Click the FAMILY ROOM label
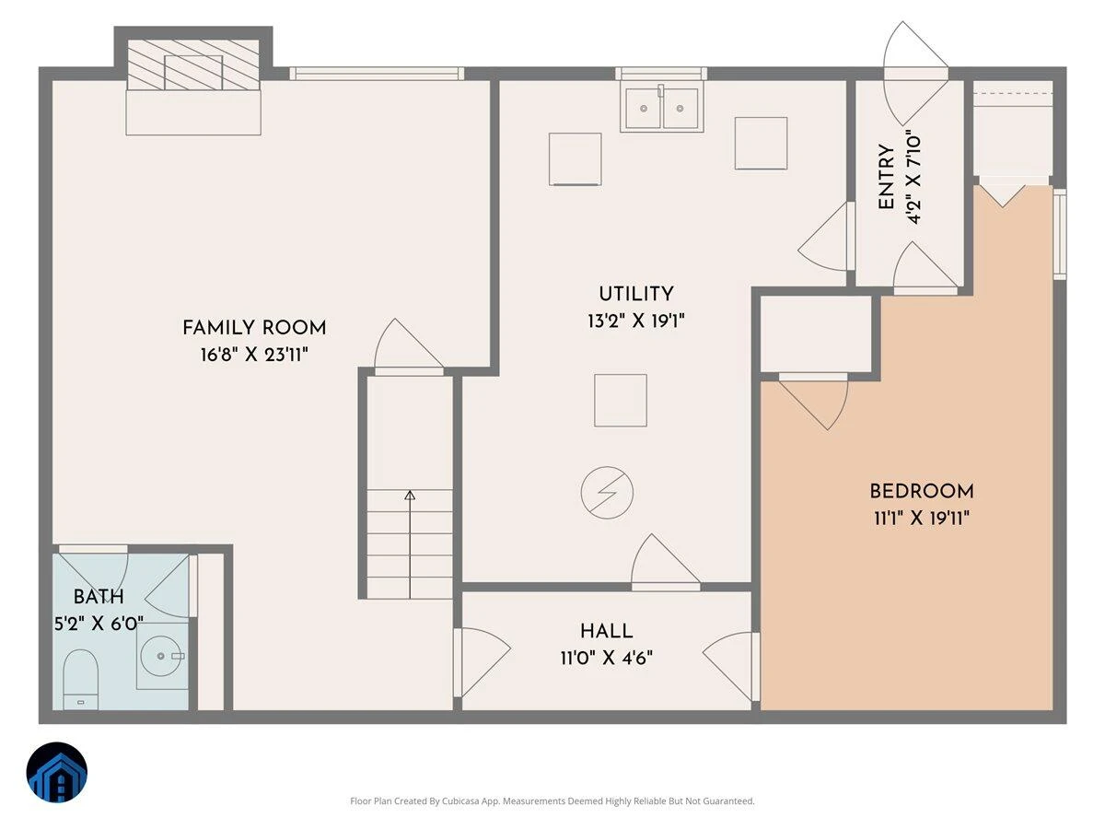[x=254, y=328]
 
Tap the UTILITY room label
[x=635, y=294]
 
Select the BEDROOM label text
[x=922, y=491]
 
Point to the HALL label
[x=606, y=631]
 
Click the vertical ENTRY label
[x=886, y=177]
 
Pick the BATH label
[x=99, y=597]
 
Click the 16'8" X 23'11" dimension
[x=254, y=355]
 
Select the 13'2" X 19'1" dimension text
[x=635, y=321]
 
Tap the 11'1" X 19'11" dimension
[x=922, y=518]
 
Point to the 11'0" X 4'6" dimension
[x=606, y=658]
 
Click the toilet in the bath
[x=80, y=680]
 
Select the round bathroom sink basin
[x=160, y=656]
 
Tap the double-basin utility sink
[x=661, y=109]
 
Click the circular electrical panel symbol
[x=607, y=493]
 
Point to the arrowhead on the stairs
[x=410, y=496]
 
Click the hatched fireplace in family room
[x=193, y=65]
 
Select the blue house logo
[x=57, y=772]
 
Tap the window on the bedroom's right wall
[x=1060, y=234]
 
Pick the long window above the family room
[x=377, y=74]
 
